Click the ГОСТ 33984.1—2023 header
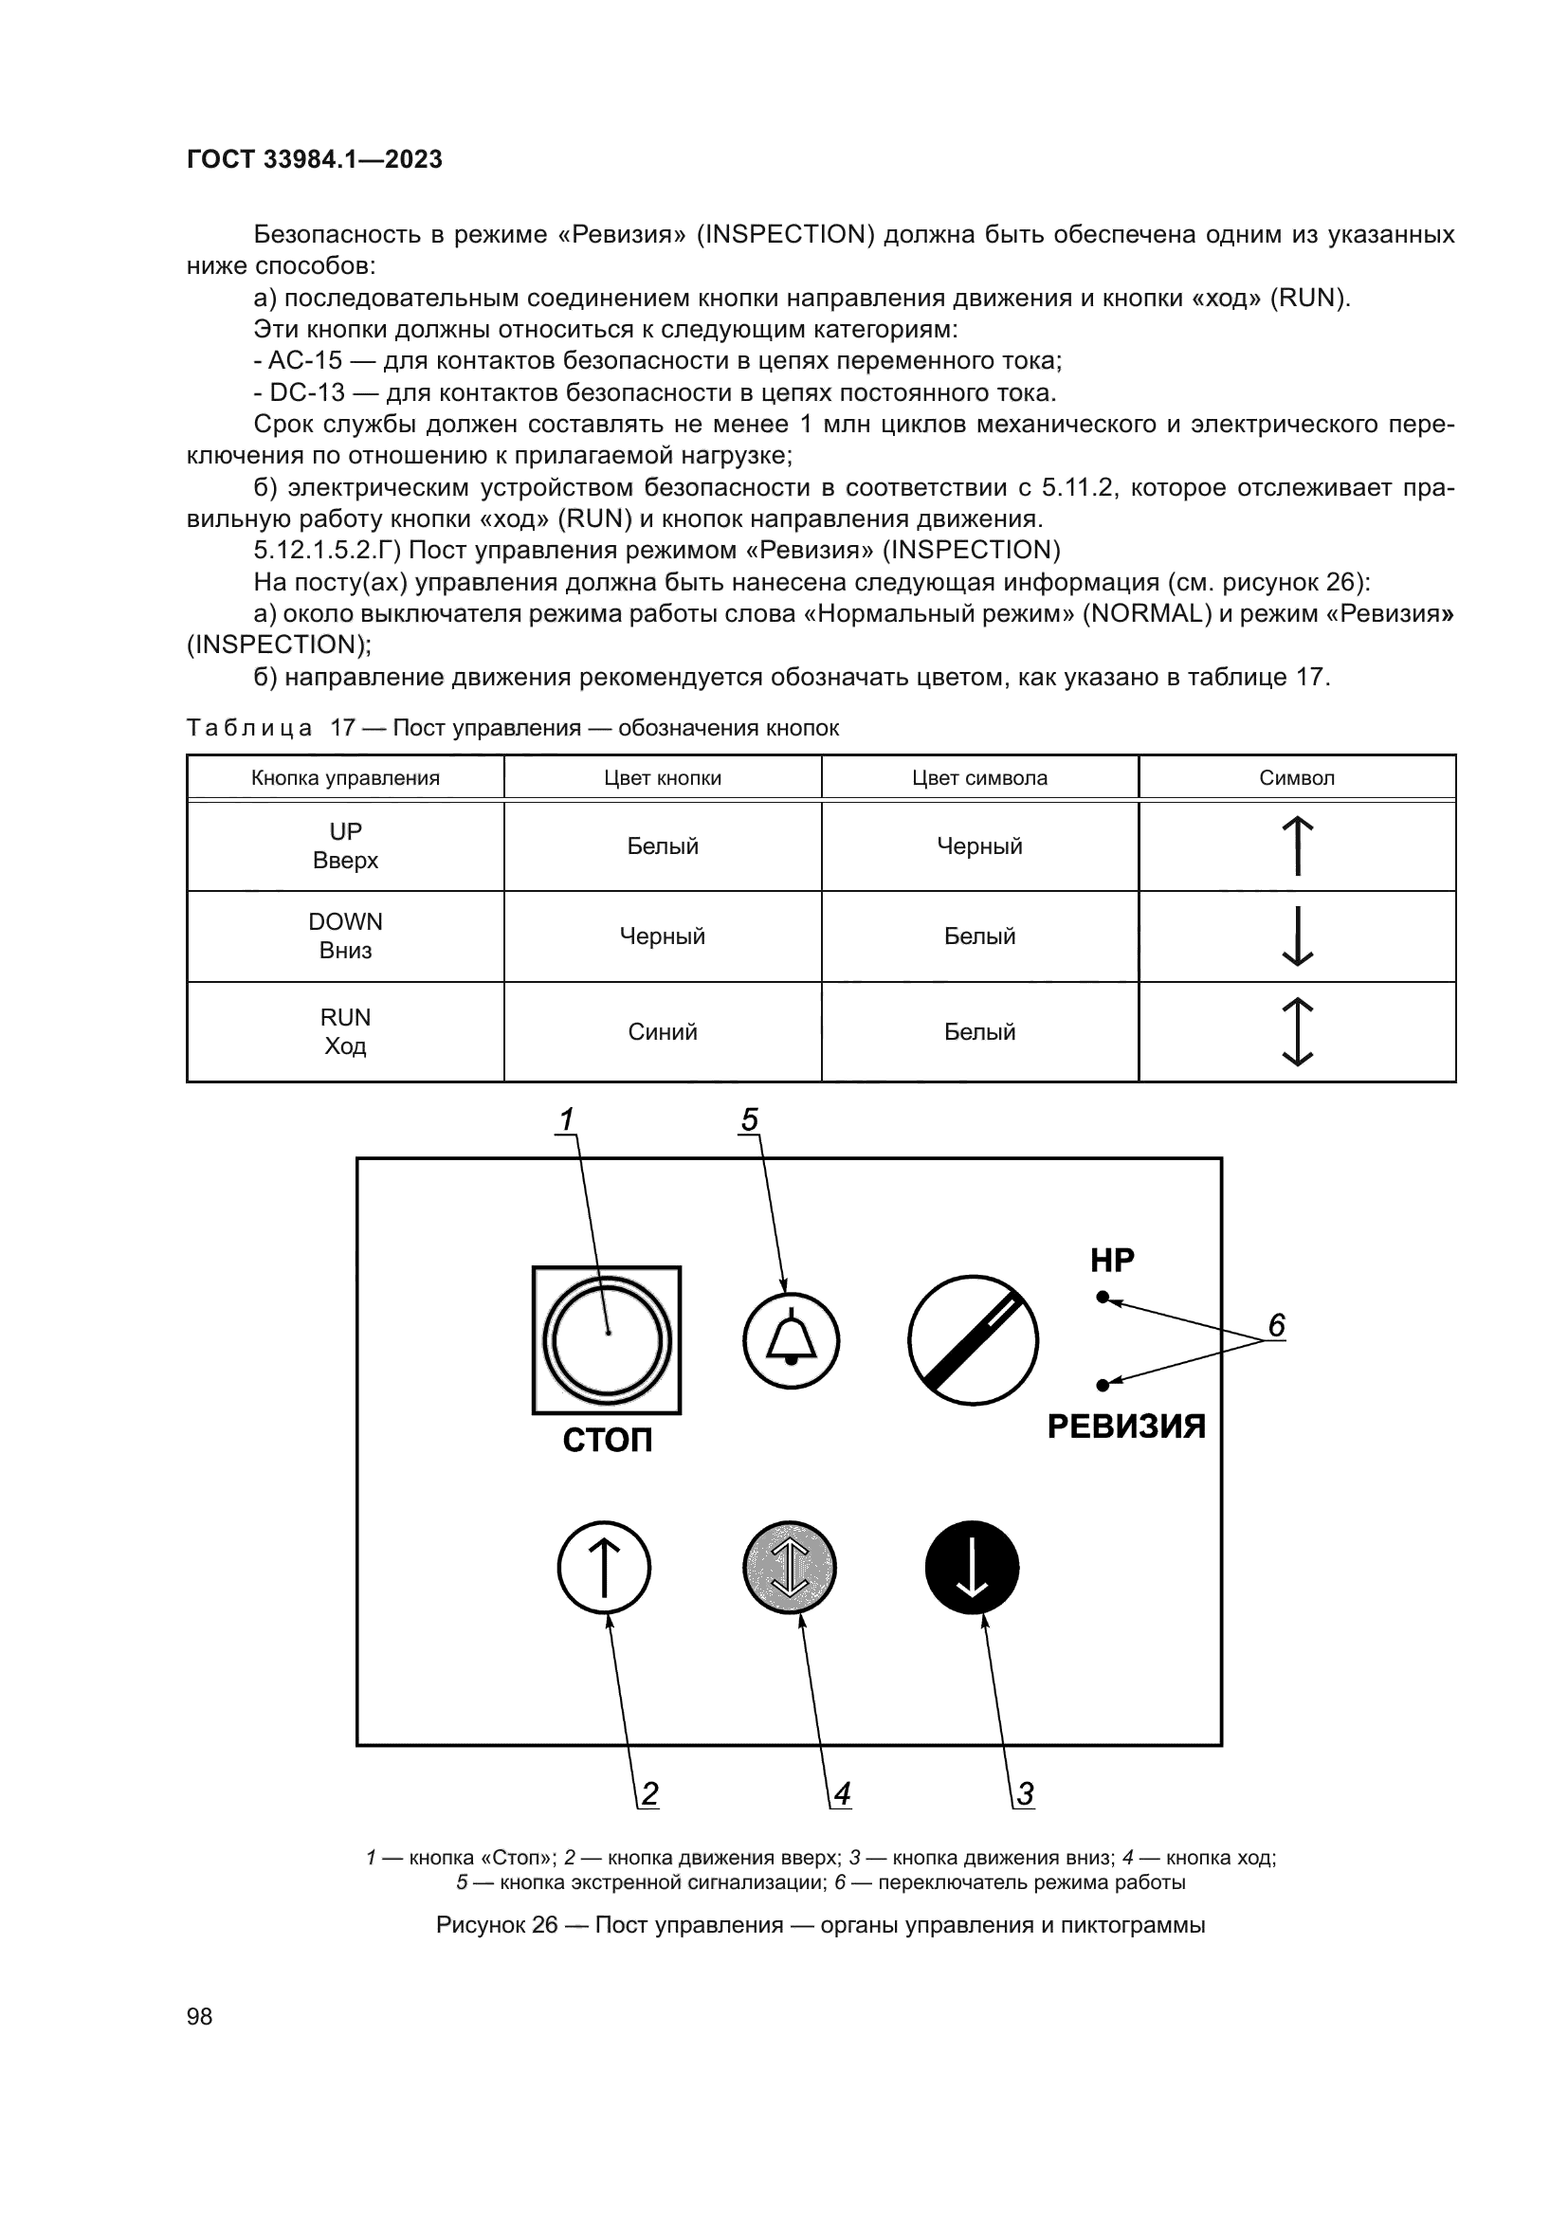click(x=314, y=159)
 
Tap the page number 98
click(x=200, y=2016)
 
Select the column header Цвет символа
click(x=979, y=777)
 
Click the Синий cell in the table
click(x=663, y=1031)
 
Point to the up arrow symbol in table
click(x=1298, y=845)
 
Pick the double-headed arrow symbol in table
click(x=1298, y=1031)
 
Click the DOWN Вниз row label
click(x=346, y=936)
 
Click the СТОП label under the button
click(x=608, y=1440)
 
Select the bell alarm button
click(x=791, y=1341)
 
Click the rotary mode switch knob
click(x=973, y=1341)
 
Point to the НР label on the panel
click(x=1112, y=1260)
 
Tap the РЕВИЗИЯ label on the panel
click(x=1126, y=1427)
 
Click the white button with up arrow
click(x=605, y=1567)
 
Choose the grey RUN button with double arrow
click(x=790, y=1567)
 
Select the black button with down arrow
click(x=972, y=1567)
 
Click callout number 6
click(x=1276, y=1326)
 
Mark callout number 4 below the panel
click(x=842, y=1794)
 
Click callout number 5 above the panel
click(x=749, y=1119)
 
